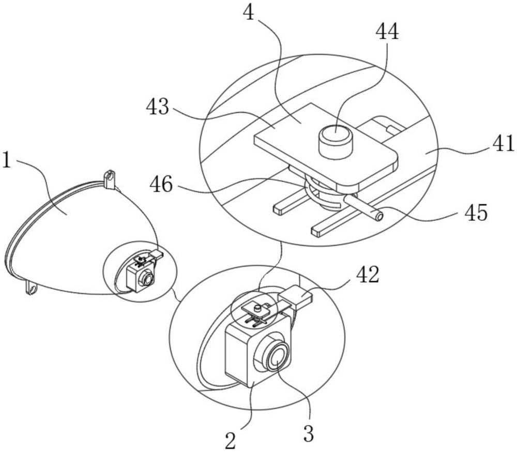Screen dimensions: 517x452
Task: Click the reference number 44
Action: tap(388, 33)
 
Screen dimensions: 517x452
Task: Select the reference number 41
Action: tap(504, 144)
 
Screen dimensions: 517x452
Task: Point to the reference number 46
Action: tap(161, 185)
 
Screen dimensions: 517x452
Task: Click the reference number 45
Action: tap(476, 213)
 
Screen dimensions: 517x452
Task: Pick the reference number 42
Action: tap(368, 275)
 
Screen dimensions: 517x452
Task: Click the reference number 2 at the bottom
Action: tap(231, 440)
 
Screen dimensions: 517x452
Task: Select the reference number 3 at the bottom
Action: tap(308, 433)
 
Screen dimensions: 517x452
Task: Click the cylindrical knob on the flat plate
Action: tap(335, 142)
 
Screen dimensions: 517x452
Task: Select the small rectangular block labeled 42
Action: tap(296, 296)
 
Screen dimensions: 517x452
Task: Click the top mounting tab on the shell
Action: tap(110, 179)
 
